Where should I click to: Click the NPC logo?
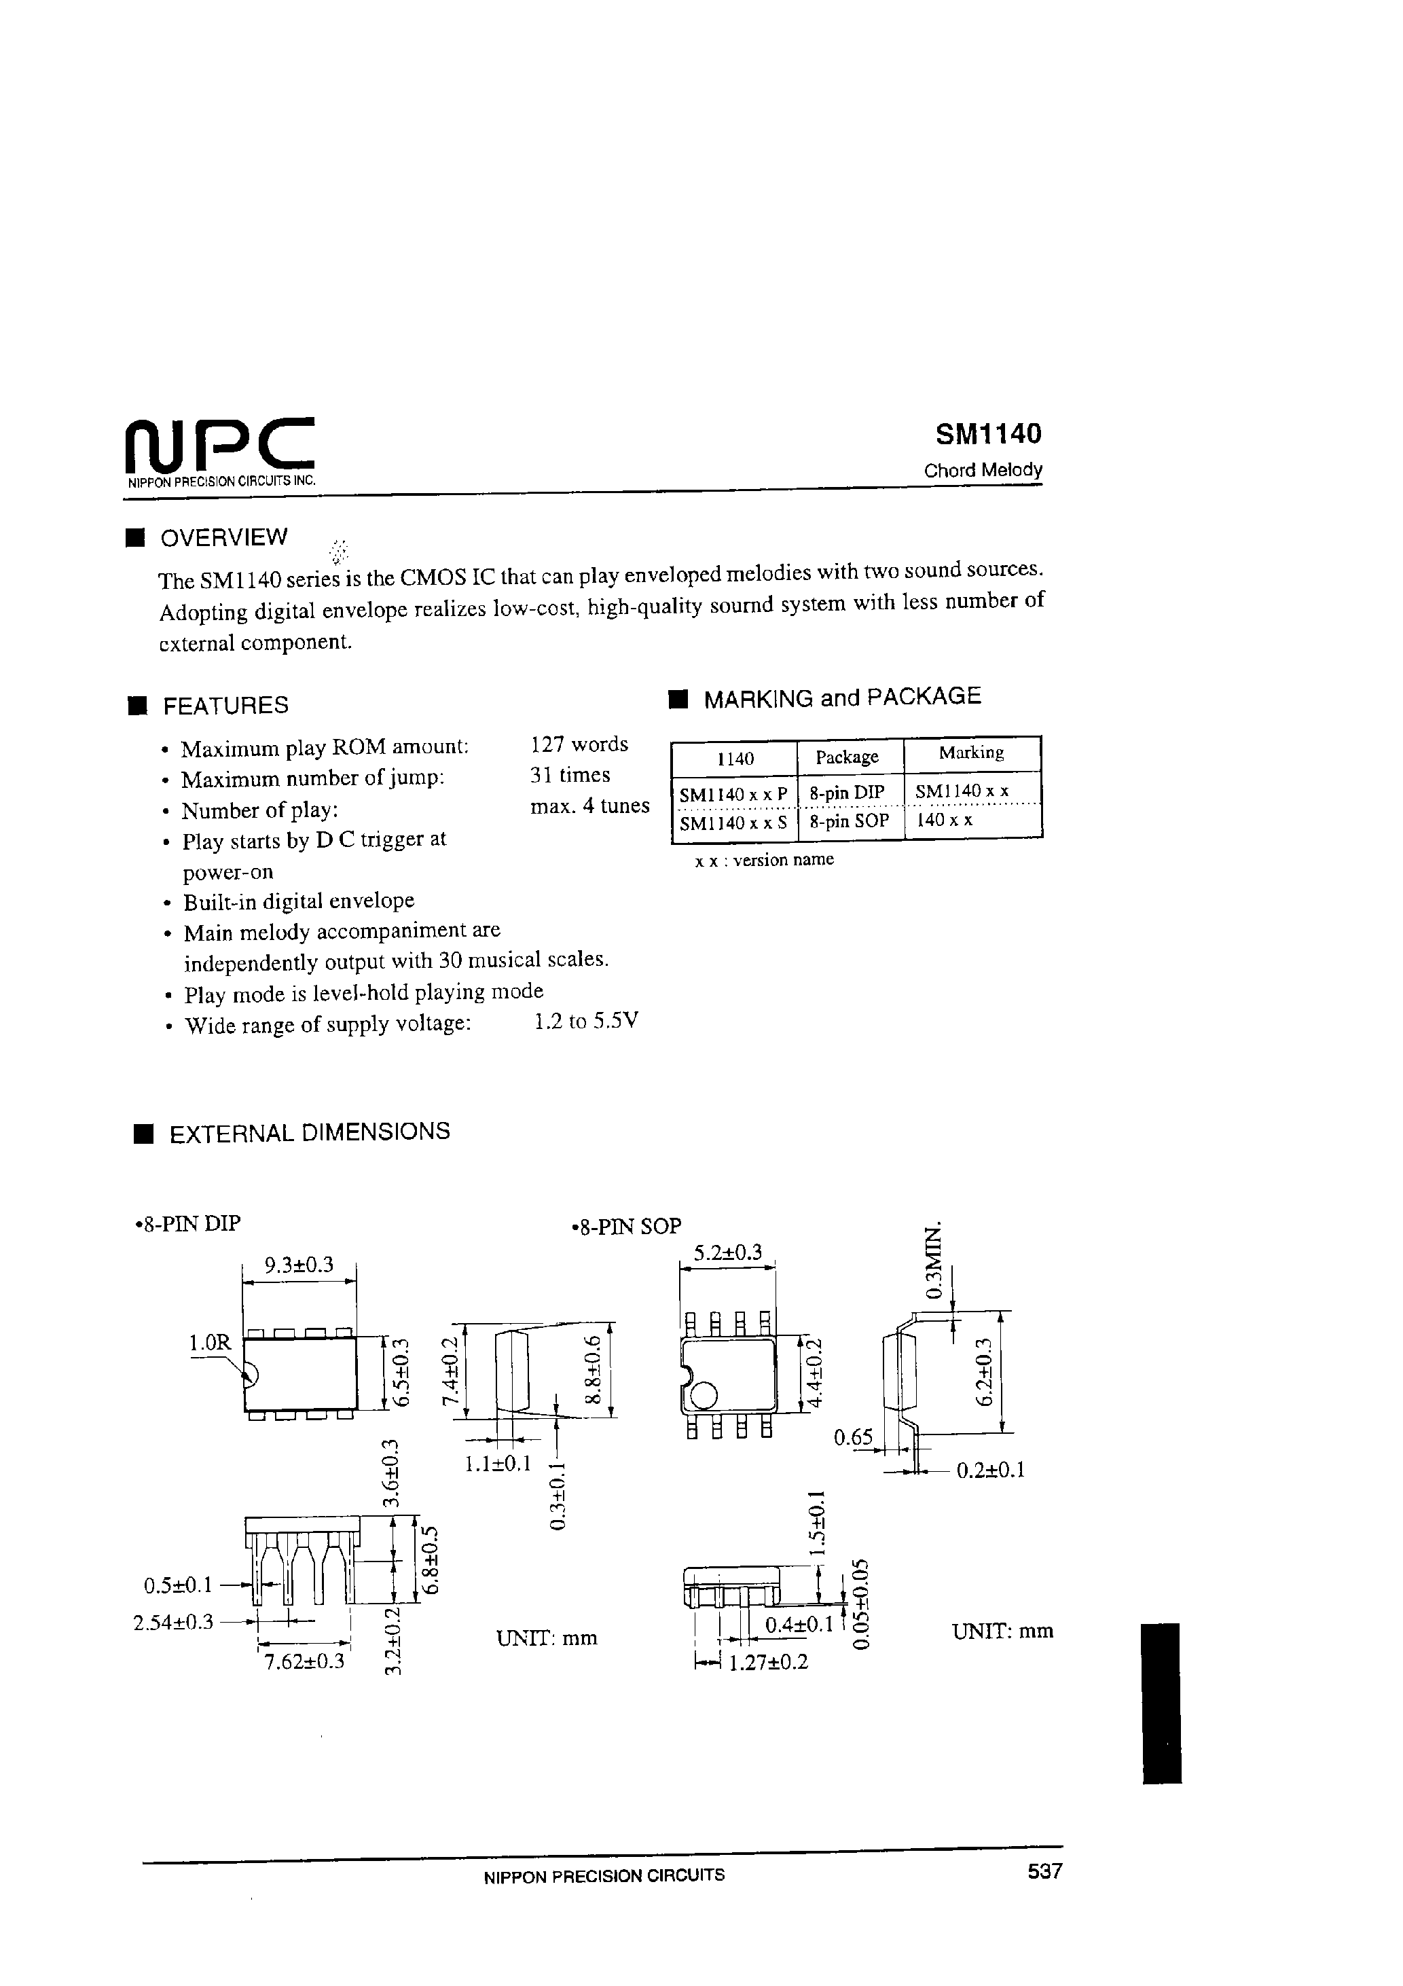pyautogui.click(x=220, y=446)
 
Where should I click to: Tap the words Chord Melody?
pyautogui.click(x=983, y=471)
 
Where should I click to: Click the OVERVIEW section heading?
pyautogui.click(x=224, y=537)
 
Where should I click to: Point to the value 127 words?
pyautogui.click(x=579, y=744)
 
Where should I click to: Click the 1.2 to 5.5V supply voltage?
pyautogui.click(x=587, y=1022)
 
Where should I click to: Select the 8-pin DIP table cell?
pyautogui.click(x=847, y=791)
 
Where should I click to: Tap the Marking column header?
pyautogui.click(x=971, y=753)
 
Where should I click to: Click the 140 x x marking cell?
pyautogui.click(x=945, y=820)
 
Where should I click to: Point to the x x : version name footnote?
pyautogui.click(x=765, y=860)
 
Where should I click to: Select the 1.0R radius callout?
pyautogui.click(x=211, y=1343)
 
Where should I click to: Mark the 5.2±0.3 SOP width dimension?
pyautogui.click(x=727, y=1252)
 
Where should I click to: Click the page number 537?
pyautogui.click(x=1044, y=1871)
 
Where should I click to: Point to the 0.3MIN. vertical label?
pyautogui.click(x=934, y=1261)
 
